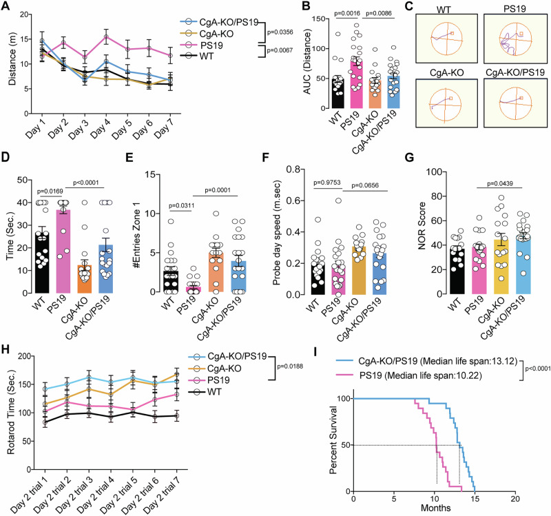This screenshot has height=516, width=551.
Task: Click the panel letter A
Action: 6,7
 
